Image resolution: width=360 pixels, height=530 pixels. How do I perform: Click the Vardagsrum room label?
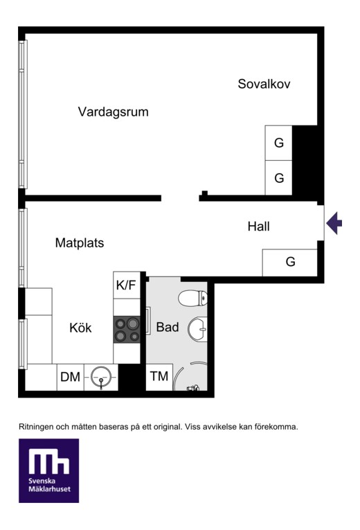(113, 112)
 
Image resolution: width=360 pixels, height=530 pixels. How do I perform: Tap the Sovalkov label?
(264, 84)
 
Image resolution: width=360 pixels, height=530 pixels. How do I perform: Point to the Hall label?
(258, 226)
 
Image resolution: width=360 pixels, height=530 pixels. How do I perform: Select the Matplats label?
(80, 242)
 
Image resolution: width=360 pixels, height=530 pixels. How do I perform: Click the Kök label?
(80, 328)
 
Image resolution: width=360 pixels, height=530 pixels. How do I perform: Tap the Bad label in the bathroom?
(167, 327)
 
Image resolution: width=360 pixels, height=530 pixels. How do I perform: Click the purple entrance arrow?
(334, 223)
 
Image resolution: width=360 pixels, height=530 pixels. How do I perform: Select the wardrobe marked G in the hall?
(290, 263)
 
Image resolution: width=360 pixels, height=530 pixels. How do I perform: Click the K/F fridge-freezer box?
(126, 285)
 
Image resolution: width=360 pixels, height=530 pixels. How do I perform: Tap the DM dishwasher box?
(70, 377)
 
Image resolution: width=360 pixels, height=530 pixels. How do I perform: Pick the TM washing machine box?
(159, 377)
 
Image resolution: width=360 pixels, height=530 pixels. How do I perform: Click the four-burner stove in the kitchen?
(127, 330)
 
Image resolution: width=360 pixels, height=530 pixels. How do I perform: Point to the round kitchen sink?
(101, 377)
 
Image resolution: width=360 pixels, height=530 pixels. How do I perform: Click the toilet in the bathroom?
(193, 298)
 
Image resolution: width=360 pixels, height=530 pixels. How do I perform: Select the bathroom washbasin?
(197, 329)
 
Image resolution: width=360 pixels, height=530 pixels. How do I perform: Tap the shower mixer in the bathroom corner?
(193, 388)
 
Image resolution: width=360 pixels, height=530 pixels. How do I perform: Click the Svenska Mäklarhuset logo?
(49, 470)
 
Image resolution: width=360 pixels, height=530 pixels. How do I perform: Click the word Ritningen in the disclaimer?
(37, 427)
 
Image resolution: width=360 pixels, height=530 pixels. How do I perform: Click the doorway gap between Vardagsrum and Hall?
(180, 198)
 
